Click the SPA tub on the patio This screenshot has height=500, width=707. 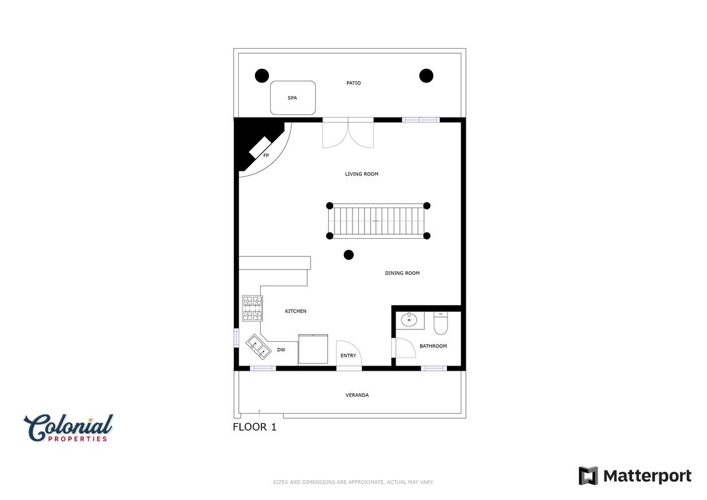tap(293, 98)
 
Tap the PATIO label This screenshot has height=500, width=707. tap(354, 83)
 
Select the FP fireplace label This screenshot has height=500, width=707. tap(266, 156)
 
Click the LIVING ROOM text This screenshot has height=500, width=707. tap(361, 174)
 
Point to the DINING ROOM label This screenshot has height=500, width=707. tap(402, 273)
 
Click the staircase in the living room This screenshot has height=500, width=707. tap(378, 221)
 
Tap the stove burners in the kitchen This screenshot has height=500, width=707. tap(253, 308)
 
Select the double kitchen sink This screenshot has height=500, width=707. tap(259, 347)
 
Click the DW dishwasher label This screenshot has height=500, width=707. tap(281, 350)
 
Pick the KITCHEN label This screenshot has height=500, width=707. tap(296, 311)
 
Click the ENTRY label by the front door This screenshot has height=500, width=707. tap(348, 356)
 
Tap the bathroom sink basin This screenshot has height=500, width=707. tap(409, 321)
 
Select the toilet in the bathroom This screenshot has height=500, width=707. tap(441, 323)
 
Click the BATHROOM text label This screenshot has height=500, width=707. tap(433, 346)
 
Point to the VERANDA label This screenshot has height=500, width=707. tap(357, 396)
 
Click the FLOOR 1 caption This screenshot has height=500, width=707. tap(254, 427)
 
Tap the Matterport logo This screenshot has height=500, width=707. tap(635, 476)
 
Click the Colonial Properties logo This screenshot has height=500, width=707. tap(69, 428)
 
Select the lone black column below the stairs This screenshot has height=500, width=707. tap(349, 255)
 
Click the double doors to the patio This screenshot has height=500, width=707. tap(348, 133)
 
